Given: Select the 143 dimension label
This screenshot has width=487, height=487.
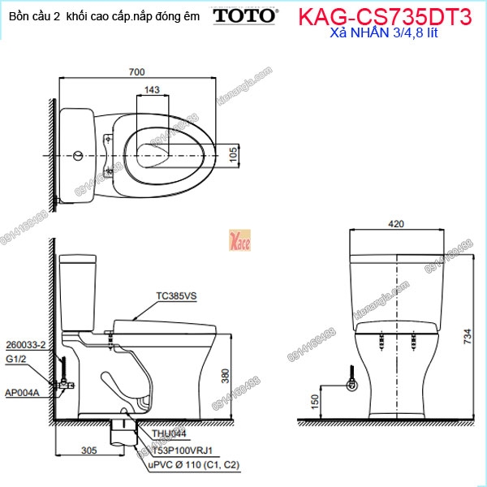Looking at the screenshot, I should [152, 91].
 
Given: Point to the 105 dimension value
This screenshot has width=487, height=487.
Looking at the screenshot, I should [232, 153].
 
